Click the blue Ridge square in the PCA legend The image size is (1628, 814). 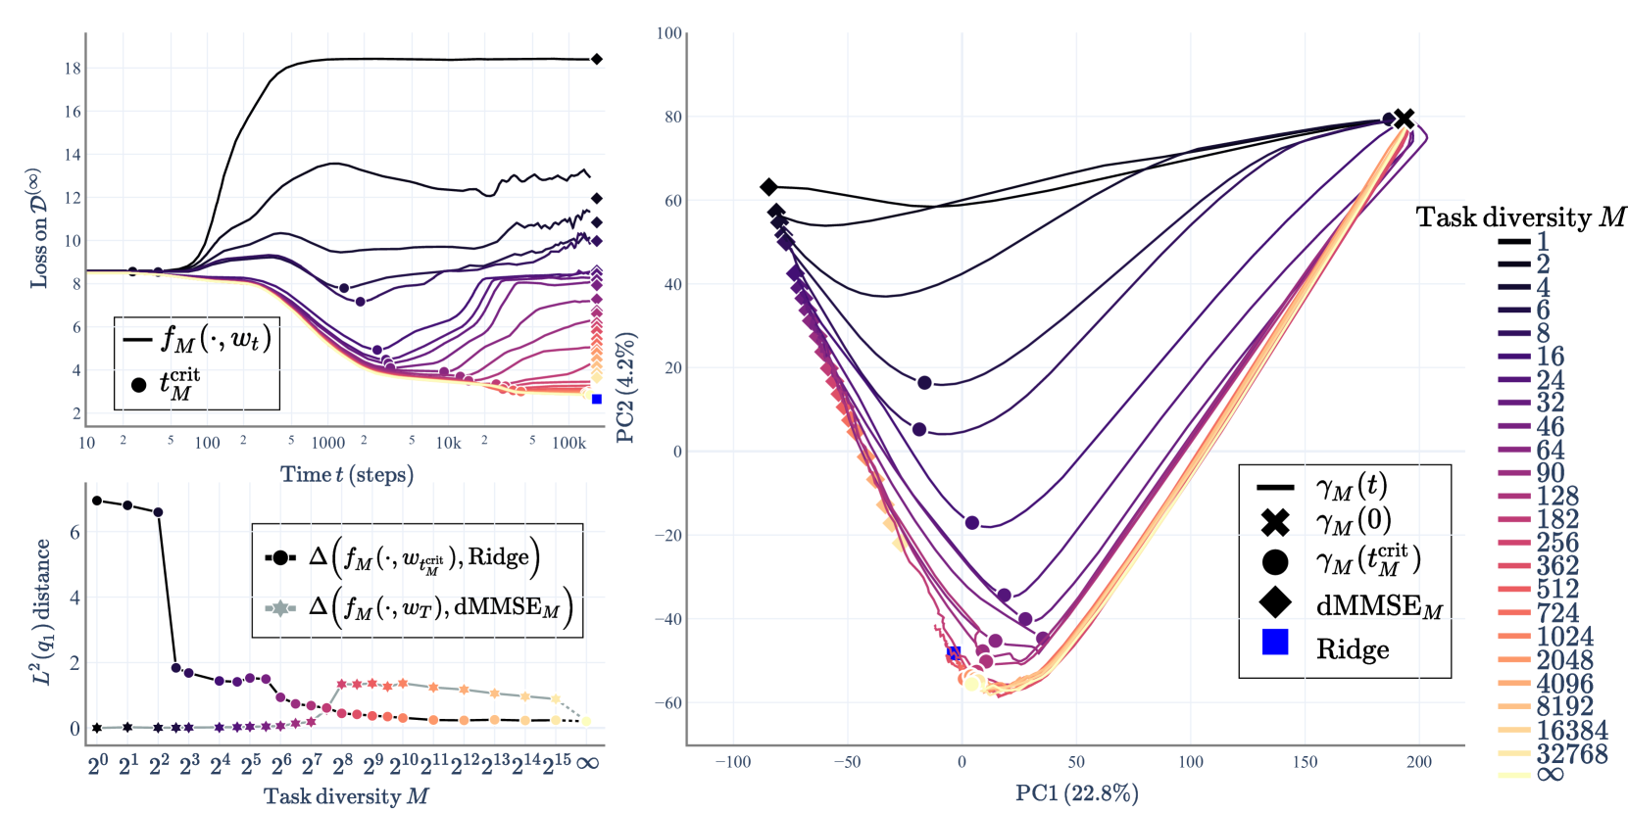click(1274, 643)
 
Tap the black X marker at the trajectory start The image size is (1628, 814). click(1404, 119)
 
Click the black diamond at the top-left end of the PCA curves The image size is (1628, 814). click(768, 187)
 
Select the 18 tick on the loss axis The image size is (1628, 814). click(73, 69)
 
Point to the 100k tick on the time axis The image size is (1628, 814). click(568, 443)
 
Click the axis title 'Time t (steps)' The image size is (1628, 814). click(347, 475)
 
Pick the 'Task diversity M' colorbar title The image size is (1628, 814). click(1520, 217)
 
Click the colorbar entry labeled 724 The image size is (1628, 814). click(1557, 613)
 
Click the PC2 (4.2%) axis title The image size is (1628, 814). click(626, 388)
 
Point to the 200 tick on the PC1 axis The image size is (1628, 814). click(1418, 762)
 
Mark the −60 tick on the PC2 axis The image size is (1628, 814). click(668, 703)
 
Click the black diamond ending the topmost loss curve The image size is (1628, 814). click(596, 60)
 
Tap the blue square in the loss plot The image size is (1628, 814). click(597, 399)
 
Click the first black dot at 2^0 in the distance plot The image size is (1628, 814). click(97, 501)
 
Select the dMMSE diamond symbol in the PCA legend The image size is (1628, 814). click(1274, 602)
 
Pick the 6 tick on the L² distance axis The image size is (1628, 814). click(74, 533)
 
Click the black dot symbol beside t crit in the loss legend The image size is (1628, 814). click(139, 385)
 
